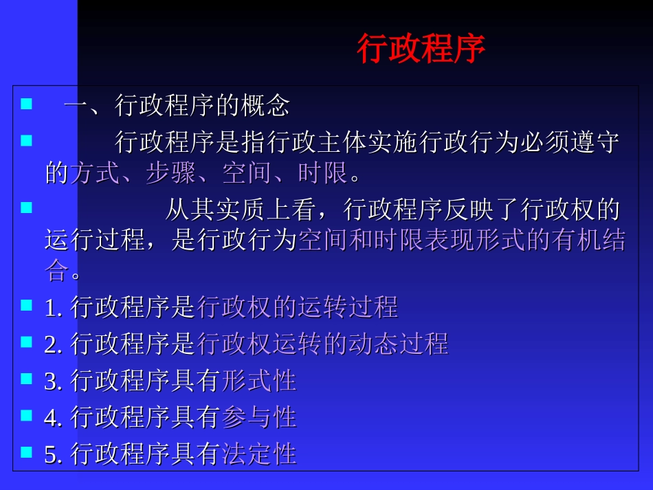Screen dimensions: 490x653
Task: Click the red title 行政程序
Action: tap(421, 49)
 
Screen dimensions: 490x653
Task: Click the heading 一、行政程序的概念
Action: tap(177, 106)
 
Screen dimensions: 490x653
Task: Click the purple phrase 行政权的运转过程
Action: tap(298, 307)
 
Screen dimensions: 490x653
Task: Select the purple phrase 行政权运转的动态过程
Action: tap(322, 343)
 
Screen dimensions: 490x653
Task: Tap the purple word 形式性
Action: tap(259, 380)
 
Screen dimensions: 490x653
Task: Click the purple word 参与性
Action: tap(259, 416)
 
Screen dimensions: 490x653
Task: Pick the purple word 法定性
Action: tap(259, 454)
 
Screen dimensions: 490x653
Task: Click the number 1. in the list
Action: tap(54, 307)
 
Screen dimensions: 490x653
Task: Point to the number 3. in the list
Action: tap(54, 381)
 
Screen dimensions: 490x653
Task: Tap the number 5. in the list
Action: tap(54, 454)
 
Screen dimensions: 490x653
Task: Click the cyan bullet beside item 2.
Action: tap(27, 342)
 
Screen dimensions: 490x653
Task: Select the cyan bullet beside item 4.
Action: tap(27, 415)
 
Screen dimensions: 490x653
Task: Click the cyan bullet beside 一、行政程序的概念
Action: tap(27, 104)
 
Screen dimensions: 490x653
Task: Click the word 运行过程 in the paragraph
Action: tap(95, 240)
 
